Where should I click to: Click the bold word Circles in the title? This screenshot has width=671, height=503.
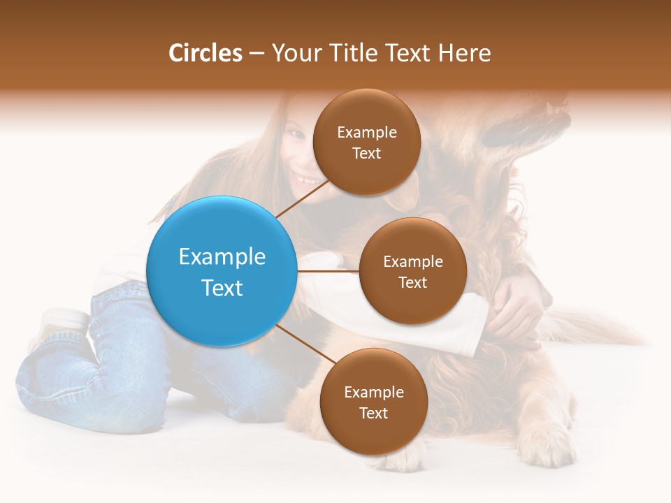click(205, 53)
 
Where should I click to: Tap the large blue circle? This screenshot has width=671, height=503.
click(221, 271)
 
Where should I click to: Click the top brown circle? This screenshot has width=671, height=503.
click(366, 143)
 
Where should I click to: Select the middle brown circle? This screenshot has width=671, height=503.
click(412, 271)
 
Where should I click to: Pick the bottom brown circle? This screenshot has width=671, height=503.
click(373, 402)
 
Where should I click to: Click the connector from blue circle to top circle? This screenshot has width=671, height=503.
click(302, 198)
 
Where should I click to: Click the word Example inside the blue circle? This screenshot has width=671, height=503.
click(222, 256)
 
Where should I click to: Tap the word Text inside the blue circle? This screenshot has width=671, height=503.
click(222, 288)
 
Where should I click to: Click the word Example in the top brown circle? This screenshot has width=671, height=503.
click(367, 133)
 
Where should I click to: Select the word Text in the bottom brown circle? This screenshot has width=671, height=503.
click(373, 413)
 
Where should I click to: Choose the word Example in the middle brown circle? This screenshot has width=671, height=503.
click(413, 262)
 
